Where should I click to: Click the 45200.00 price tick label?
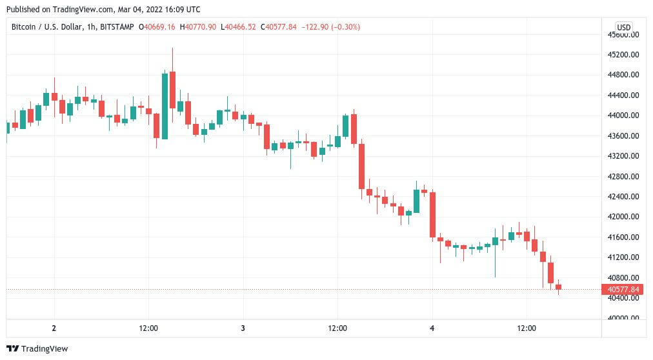[623, 55]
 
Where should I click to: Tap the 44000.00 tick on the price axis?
[623, 115]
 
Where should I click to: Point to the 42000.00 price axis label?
[623, 217]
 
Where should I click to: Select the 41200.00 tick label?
[623, 257]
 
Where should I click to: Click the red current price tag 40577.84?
[623, 289]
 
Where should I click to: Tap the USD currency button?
[623, 28]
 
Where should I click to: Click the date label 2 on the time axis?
[54, 328]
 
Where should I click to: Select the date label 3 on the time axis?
[243, 328]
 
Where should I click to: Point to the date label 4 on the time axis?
[432, 328]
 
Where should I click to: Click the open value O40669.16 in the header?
[157, 27]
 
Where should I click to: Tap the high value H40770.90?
[198, 27]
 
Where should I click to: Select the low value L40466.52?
[238, 27]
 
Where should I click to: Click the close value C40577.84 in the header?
[279, 27]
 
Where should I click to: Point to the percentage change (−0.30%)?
[345, 27]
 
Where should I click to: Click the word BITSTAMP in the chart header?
[117, 27]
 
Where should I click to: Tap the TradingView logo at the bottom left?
[37, 349]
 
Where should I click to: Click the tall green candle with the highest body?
[165, 106]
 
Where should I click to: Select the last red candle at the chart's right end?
[558, 286]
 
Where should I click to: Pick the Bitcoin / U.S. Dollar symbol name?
[46, 27]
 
